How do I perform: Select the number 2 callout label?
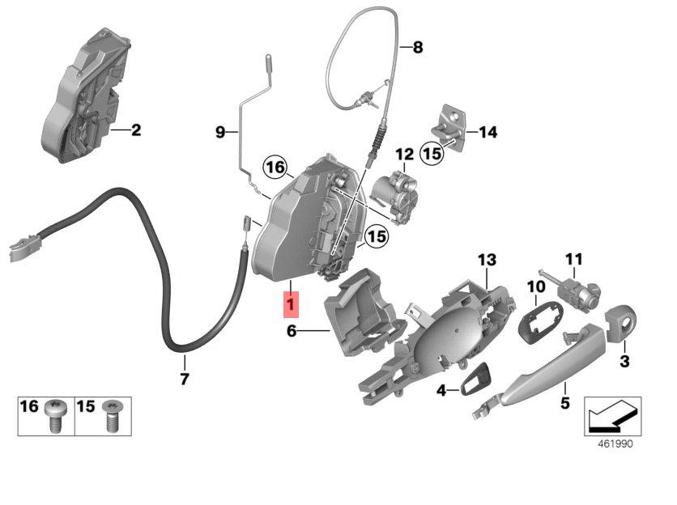(x=135, y=129)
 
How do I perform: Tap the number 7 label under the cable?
(x=184, y=378)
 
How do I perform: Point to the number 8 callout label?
(x=418, y=47)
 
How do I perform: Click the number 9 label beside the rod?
(x=219, y=132)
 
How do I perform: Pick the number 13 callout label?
(x=485, y=260)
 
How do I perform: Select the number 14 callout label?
(x=488, y=132)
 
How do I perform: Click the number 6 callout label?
(x=292, y=330)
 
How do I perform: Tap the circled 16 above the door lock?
(x=276, y=168)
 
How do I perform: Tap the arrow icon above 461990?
(x=613, y=417)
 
